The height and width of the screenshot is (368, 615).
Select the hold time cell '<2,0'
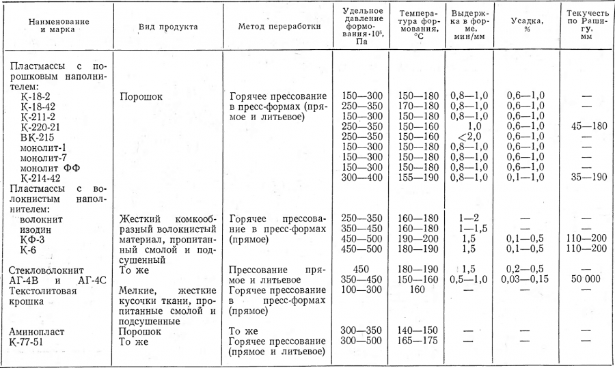(x=469, y=137)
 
